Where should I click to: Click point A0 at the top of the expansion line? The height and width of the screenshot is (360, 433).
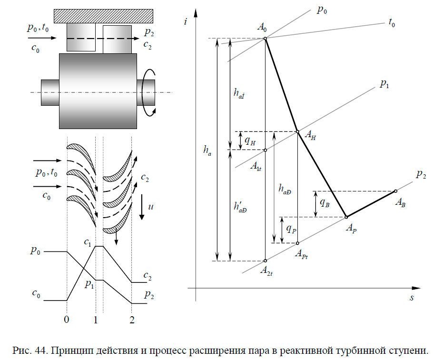coord(265,38)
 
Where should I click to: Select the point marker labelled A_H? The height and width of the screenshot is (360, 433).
coord(297,132)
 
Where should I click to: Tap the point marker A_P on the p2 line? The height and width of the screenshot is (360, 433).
coord(346,217)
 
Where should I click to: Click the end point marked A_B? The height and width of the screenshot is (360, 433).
coord(395,191)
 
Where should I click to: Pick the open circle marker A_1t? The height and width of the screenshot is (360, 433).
coord(265,150)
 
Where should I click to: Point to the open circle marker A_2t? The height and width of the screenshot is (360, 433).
coord(265,261)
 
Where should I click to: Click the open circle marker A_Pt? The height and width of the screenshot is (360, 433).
coord(297,243)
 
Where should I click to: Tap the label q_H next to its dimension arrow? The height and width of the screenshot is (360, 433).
coord(250,141)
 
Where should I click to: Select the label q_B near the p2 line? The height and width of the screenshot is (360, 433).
coord(325,203)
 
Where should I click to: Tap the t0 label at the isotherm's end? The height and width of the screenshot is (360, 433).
coord(392,22)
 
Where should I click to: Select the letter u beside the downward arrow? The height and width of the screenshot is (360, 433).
coord(150,208)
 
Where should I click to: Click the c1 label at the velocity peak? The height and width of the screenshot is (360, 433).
coord(88,243)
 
